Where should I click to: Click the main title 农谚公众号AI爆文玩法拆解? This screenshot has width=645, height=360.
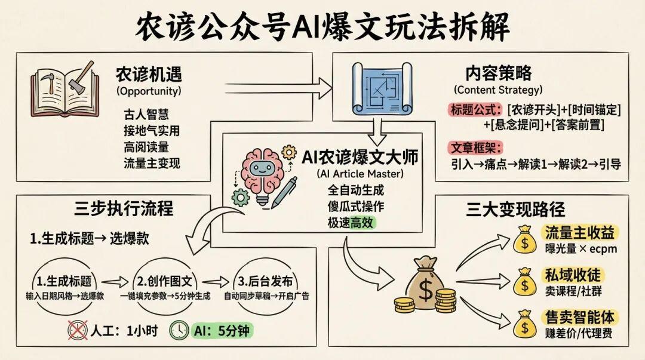point(322,27)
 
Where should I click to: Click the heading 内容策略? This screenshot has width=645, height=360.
point(498,73)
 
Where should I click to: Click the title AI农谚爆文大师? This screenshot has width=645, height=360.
point(360,158)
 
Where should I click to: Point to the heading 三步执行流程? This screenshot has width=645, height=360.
point(124,210)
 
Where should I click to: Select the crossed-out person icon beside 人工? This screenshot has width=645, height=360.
point(78,330)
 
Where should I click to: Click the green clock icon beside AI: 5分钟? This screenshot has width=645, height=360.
point(179,330)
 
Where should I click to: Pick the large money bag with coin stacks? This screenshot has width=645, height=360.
point(425,287)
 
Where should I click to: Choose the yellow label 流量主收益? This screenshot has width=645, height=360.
point(579,232)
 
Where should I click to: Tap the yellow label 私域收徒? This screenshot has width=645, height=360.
point(573,275)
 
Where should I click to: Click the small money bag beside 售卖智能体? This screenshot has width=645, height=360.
point(525,322)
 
